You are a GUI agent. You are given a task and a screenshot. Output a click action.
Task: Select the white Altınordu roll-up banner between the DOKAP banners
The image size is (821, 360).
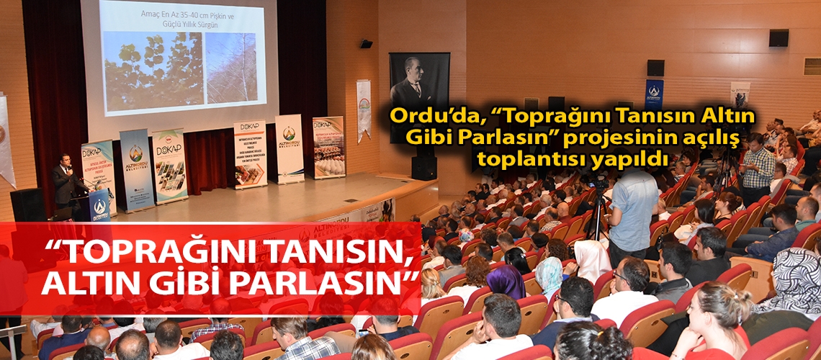click(289, 148)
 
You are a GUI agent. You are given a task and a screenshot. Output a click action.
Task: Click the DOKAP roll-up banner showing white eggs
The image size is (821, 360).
click(328, 147)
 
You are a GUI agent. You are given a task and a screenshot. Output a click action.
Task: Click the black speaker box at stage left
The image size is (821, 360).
click(27, 204)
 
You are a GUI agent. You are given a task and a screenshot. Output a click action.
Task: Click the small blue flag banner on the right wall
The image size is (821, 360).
click(653, 94)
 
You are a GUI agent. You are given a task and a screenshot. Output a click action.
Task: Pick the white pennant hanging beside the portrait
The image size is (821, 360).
click(364, 109)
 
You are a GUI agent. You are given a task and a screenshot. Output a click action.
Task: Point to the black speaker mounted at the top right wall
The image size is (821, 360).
click(778, 38)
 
